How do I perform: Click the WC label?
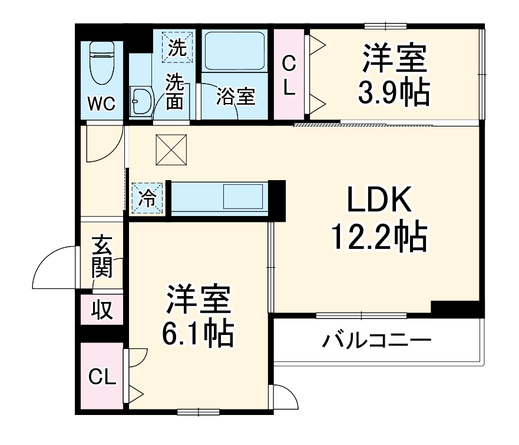click(x=101, y=103)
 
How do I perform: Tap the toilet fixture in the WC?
click(x=101, y=64)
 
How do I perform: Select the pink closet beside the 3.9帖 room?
click(x=289, y=75)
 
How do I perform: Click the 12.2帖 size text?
click(x=378, y=237)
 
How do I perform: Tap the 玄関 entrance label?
click(x=102, y=257)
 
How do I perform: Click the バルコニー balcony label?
click(x=377, y=341)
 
